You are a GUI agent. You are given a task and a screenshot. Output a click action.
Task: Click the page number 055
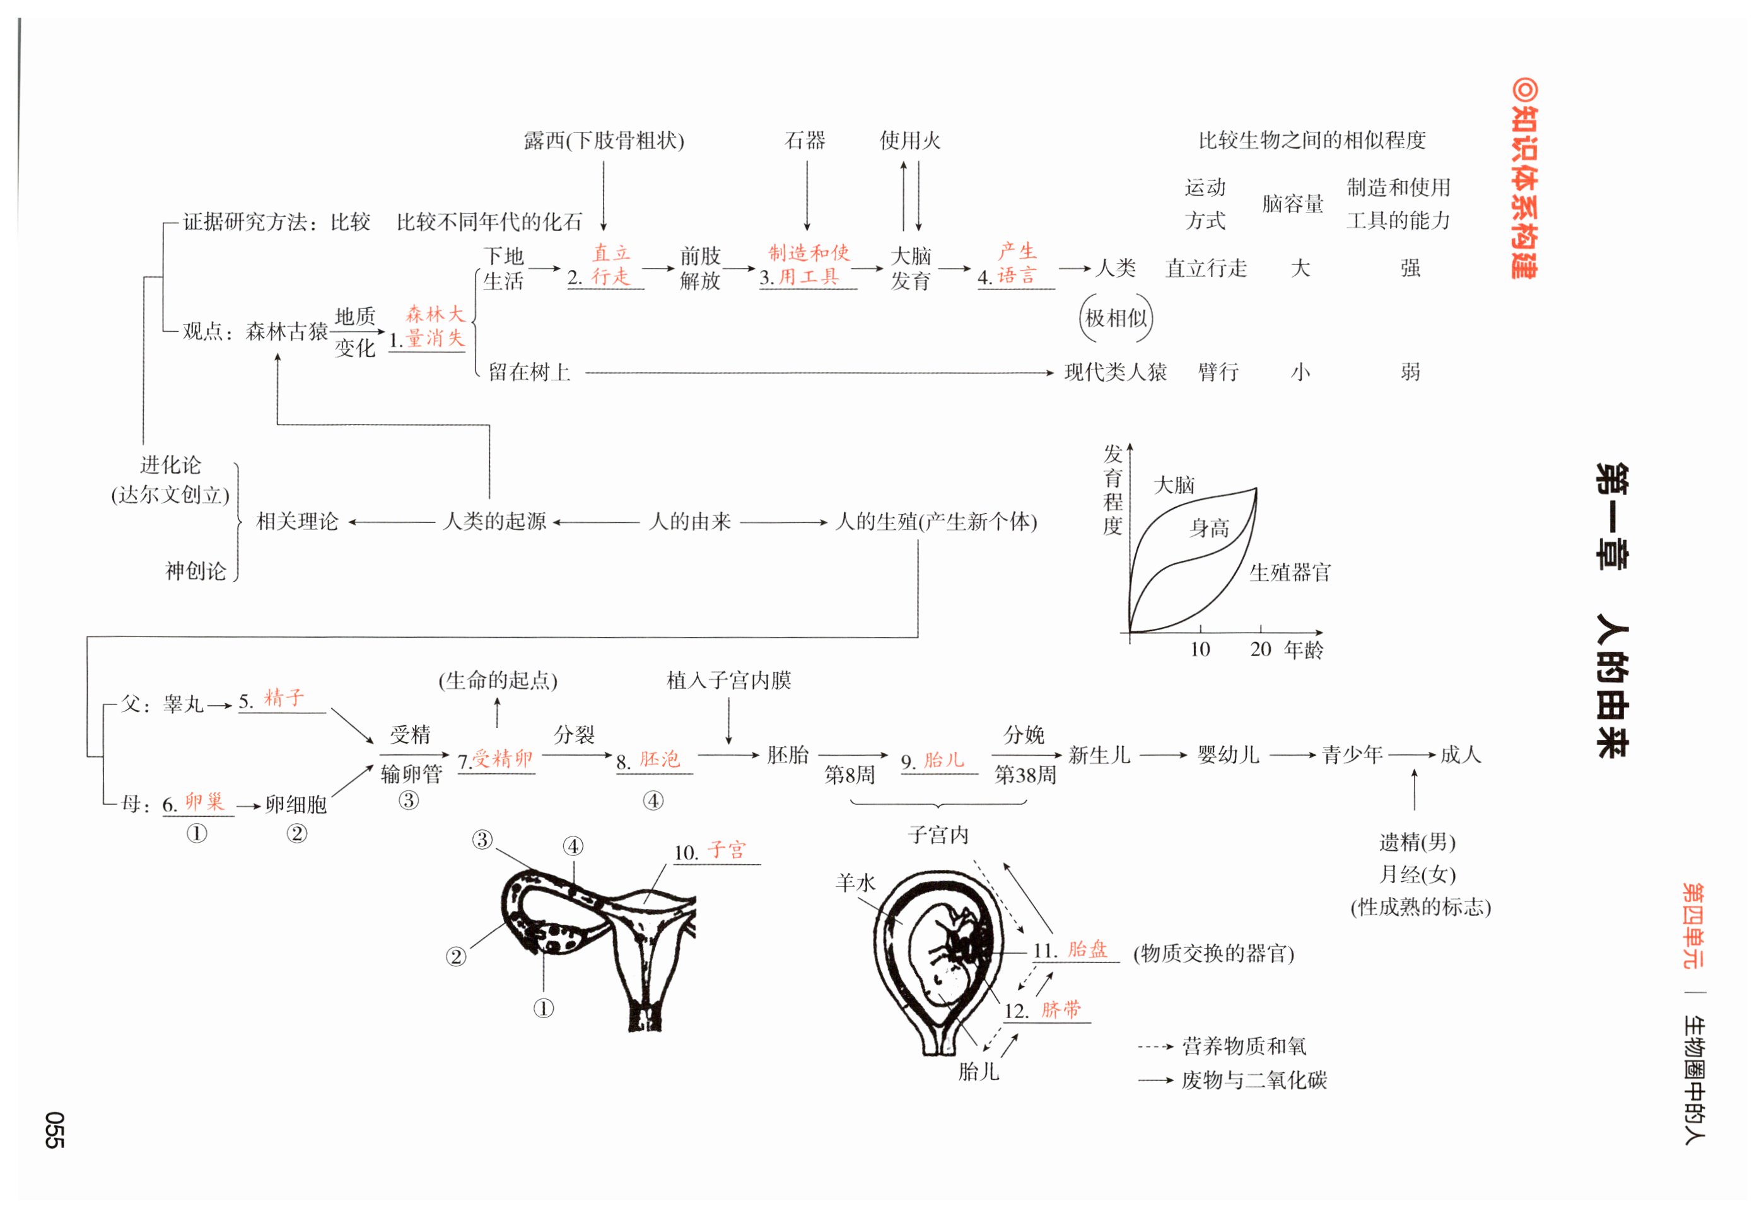pos(54,1130)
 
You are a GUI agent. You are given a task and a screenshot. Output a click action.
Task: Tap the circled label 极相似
pos(1116,319)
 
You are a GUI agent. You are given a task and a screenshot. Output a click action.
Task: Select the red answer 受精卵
pos(502,759)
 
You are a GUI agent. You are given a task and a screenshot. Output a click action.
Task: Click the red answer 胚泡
pos(659,759)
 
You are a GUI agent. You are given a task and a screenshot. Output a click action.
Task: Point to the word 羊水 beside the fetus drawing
pos(855,883)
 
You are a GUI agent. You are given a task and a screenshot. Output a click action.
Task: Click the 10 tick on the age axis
pos(1200,650)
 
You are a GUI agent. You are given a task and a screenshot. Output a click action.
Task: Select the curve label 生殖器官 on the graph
pos(1290,572)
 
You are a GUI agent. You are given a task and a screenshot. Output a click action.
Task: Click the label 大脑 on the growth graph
pos(1174,485)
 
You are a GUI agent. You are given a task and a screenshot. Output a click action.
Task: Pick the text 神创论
pos(196,571)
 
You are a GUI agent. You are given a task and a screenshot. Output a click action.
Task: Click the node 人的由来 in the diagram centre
pos(690,522)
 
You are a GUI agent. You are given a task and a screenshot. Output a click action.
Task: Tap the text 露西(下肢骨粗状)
pos(604,141)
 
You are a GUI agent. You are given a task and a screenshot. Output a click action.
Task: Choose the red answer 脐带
pos(1061,1010)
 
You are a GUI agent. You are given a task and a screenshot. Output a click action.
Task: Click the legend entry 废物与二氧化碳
pos(1254,1080)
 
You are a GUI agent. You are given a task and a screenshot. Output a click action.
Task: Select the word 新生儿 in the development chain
pos(1099,756)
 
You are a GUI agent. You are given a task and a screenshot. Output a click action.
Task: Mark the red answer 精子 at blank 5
pos(284,698)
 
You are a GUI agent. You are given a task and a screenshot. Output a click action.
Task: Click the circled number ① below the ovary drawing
pos(543,1009)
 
